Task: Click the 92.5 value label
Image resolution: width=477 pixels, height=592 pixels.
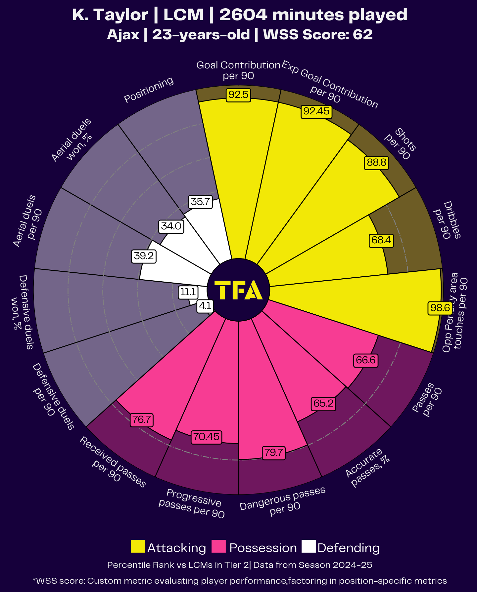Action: coord(238,95)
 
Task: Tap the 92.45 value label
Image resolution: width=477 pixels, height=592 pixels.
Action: coord(316,111)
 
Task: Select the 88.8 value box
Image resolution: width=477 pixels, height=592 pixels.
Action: coord(376,163)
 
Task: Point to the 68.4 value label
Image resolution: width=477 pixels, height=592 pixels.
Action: coord(381,240)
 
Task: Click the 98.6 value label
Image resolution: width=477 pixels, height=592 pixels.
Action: coord(440,308)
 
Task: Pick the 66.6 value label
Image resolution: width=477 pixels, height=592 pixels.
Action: coord(365,360)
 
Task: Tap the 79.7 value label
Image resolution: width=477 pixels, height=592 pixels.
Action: coord(273,452)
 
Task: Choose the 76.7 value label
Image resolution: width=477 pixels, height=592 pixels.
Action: coord(141,420)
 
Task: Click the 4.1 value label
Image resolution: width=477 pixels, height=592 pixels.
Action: coord(205,306)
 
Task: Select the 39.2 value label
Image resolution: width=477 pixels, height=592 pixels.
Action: coord(144,256)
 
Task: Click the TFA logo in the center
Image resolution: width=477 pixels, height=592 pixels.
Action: coord(238,290)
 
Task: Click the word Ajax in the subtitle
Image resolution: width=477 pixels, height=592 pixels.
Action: coord(123,35)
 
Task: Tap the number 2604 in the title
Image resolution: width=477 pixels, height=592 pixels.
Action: coord(243,15)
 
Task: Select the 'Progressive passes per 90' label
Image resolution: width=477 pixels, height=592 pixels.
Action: coord(192,503)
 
